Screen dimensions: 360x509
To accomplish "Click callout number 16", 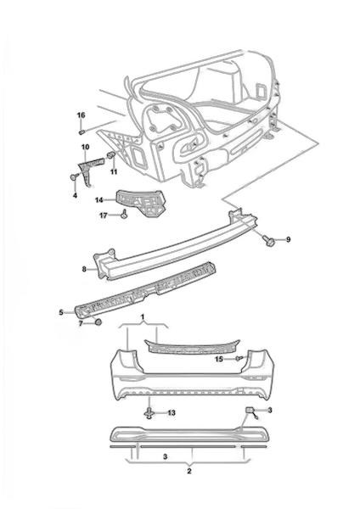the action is click(81, 115).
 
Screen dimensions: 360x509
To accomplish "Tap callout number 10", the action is click(85, 147).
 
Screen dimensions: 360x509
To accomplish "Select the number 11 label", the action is click(114, 171).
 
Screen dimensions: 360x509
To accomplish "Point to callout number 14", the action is click(99, 200).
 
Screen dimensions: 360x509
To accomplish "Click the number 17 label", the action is click(104, 215).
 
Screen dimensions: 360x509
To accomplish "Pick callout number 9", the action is click(288, 240).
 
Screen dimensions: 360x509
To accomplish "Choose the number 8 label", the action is click(84, 269).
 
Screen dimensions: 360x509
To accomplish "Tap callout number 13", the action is click(172, 413).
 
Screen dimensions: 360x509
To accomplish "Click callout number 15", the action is click(219, 359).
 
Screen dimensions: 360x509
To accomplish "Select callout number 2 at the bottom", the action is click(189, 472).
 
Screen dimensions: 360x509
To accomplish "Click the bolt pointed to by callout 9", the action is click(269, 241).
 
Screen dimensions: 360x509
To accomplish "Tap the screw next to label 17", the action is click(125, 215).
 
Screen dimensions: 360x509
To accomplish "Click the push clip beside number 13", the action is click(149, 413).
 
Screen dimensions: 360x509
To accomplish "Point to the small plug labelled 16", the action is click(82, 131).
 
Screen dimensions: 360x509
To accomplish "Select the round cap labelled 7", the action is click(98, 322).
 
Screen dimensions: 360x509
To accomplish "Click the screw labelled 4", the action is click(75, 177).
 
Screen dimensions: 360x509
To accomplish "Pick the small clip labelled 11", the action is click(111, 154).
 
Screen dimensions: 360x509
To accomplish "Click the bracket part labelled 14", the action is click(141, 202).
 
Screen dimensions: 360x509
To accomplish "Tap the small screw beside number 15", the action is click(239, 358).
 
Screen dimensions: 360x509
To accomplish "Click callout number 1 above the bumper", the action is click(143, 316).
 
